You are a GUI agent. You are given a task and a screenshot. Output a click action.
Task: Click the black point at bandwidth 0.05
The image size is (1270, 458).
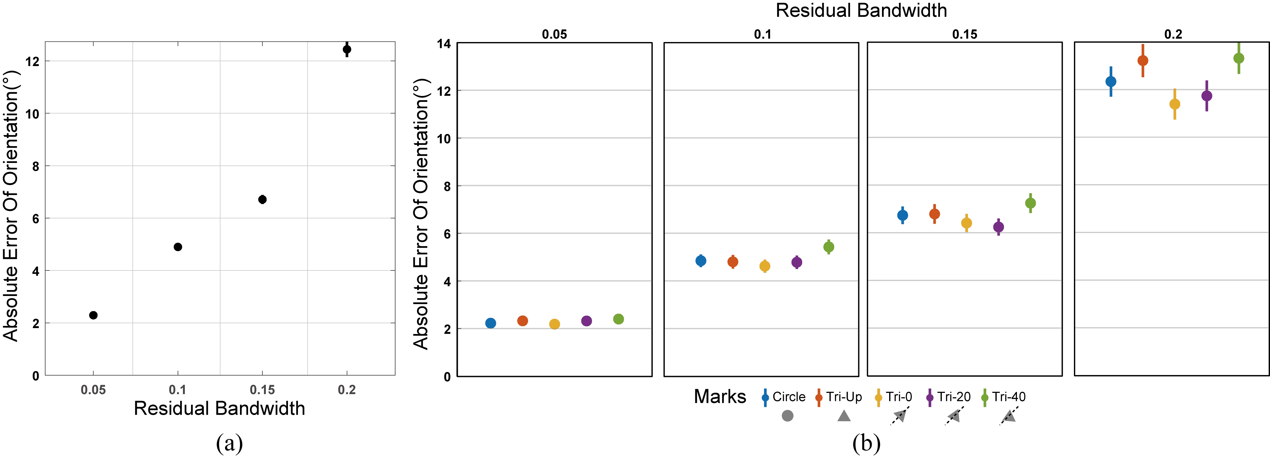click(93, 315)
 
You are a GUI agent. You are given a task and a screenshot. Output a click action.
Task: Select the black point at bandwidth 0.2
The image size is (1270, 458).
click(347, 49)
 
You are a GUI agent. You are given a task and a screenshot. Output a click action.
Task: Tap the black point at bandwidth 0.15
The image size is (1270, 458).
click(262, 199)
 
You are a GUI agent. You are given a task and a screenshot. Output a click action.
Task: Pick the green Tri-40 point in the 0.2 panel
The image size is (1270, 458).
click(1239, 58)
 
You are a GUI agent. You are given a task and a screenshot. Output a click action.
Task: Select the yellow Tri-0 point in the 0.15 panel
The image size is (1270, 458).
click(966, 223)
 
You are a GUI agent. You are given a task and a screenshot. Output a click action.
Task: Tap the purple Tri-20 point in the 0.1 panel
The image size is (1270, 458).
click(797, 262)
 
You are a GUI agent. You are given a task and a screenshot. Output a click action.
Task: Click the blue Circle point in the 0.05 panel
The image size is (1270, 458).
click(491, 323)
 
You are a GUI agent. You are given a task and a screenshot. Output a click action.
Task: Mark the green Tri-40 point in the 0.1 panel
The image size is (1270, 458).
click(829, 247)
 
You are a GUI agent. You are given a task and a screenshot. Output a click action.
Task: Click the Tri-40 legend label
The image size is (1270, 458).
click(1009, 397)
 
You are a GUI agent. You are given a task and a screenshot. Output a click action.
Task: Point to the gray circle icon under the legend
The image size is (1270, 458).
click(788, 416)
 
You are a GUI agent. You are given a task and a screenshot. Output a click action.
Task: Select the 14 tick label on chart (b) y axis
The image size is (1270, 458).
click(444, 44)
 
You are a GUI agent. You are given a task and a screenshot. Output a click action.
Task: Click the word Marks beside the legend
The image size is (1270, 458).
click(720, 397)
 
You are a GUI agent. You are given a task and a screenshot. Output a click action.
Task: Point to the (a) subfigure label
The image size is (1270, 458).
click(229, 443)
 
